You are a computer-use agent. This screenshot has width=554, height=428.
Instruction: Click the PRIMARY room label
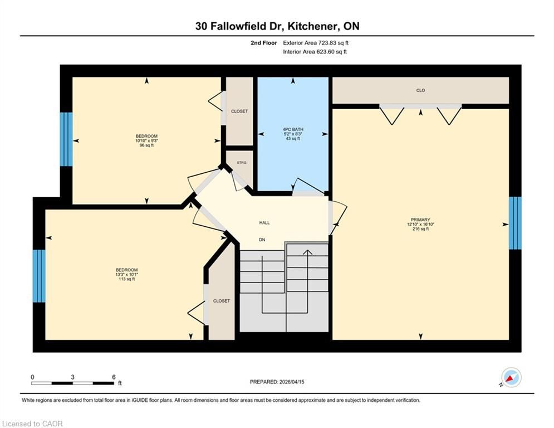(x=420, y=220)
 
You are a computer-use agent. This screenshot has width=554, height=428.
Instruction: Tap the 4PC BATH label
(x=293, y=129)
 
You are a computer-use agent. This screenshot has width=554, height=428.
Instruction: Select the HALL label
(x=264, y=222)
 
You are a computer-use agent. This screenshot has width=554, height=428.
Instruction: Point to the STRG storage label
(x=242, y=163)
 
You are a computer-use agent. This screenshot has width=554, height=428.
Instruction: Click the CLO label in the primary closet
(x=420, y=90)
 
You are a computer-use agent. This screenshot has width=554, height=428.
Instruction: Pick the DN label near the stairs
(x=262, y=240)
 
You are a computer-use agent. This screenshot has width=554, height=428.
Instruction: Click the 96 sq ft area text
(x=146, y=145)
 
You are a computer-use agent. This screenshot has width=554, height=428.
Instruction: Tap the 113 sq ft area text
(x=126, y=279)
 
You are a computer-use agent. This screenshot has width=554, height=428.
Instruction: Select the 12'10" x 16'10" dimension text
(x=420, y=224)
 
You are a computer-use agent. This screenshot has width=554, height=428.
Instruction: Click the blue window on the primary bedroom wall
(x=515, y=223)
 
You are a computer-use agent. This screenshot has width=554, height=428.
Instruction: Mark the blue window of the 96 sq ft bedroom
(x=66, y=139)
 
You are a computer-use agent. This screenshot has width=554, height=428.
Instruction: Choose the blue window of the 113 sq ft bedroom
(x=39, y=276)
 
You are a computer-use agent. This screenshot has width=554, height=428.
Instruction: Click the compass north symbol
(x=511, y=378)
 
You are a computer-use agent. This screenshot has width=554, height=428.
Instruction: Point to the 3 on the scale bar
(x=72, y=377)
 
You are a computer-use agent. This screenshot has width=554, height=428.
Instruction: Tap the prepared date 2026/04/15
(x=292, y=382)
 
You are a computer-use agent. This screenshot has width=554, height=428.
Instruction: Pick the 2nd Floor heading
(x=264, y=43)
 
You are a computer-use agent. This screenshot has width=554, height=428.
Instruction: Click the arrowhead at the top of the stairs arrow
(x=308, y=252)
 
